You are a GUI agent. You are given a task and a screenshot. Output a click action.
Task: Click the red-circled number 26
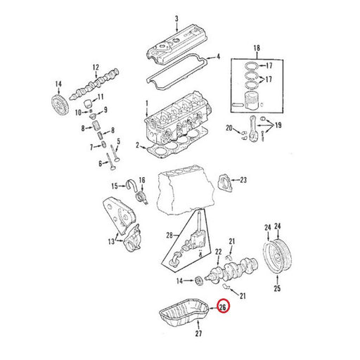tap(223, 307)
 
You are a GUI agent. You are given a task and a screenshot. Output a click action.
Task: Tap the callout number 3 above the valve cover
tap(176, 18)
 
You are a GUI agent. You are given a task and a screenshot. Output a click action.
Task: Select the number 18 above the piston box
tap(257, 48)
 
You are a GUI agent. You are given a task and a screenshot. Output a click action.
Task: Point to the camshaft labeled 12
tap(95, 84)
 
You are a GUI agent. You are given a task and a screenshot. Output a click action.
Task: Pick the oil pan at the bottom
tap(184, 312)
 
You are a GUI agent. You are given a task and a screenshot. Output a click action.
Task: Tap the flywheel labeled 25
tap(277, 256)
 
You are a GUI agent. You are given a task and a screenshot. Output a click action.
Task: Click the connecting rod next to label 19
tap(252, 129)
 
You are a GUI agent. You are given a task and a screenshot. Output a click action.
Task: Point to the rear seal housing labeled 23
tap(225, 182)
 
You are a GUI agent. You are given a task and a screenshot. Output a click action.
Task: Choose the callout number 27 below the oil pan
tap(198, 333)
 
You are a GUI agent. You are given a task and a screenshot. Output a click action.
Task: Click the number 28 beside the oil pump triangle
tap(169, 235)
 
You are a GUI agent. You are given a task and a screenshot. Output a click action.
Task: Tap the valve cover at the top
tap(178, 44)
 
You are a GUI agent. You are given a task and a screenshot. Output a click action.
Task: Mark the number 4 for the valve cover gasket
tap(219, 57)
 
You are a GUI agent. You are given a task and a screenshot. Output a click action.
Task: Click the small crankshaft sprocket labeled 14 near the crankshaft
tap(199, 281)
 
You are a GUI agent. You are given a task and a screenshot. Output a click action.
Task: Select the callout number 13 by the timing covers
tap(111, 241)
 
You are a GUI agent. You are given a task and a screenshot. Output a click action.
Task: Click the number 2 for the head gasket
tap(138, 146)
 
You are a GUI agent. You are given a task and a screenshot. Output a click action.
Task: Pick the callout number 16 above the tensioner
tap(142, 180)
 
